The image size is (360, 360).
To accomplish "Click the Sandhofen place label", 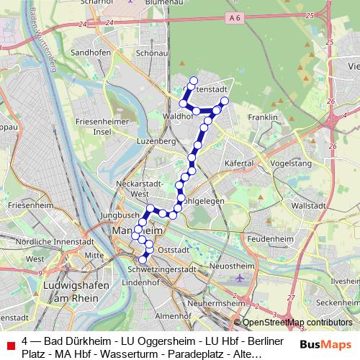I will tap(91, 53).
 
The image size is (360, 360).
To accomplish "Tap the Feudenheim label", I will tap(267, 237).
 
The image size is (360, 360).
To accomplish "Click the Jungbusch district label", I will tap(119, 215).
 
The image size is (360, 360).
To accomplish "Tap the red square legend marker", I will tap(10, 346).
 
